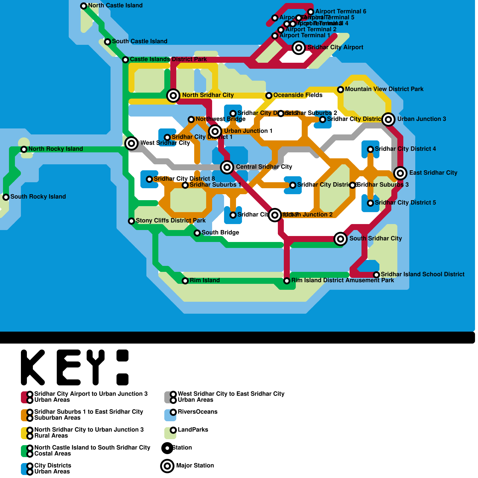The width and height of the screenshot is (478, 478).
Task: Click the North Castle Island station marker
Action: point(84,6)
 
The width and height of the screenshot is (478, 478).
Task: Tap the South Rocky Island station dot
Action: point(6,197)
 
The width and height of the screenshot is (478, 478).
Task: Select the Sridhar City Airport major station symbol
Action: point(299,48)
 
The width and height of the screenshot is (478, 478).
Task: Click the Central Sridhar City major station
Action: point(227,167)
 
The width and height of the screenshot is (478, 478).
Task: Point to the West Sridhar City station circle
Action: point(131,143)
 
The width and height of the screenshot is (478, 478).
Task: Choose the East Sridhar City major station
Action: point(400,173)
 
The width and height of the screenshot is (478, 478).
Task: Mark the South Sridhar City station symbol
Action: point(341,239)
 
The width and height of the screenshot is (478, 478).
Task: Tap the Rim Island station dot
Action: point(185,281)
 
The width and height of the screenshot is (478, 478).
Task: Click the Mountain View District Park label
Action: point(384,89)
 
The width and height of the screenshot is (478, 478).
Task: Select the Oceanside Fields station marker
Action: point(269,95)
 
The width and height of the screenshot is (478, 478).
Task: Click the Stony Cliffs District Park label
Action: point(171,220)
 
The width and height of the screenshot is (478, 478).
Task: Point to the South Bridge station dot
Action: point(197,233)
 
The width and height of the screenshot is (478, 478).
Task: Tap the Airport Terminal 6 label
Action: point(341,11)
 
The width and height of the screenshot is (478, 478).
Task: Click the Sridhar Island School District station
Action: point(376,275)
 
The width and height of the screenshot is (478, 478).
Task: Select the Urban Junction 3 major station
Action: point(388,119)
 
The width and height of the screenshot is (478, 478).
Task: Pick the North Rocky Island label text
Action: point(56,149)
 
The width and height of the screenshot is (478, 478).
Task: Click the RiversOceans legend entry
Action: point(197,412)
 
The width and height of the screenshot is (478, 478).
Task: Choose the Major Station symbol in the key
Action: point(167,466)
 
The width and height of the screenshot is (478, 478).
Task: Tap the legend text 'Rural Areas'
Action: point(51,436)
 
